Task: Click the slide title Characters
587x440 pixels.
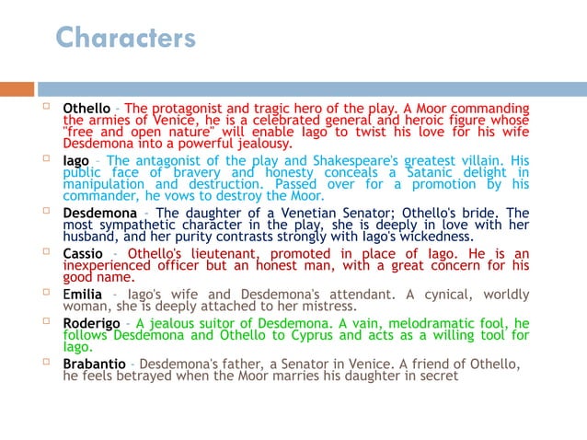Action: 125,38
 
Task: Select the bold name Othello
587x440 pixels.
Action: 86,110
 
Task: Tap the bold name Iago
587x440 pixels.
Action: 75,161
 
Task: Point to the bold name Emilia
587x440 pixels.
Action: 82,295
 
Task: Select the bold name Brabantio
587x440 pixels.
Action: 94,364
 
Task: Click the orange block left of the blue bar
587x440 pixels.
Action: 17,89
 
